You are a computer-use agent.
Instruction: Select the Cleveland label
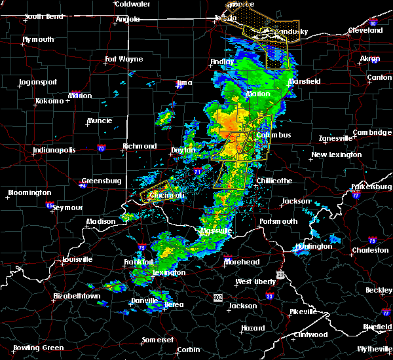point(365,30)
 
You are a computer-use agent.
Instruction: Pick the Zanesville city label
point(335,138)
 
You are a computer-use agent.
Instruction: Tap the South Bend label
point(43,17)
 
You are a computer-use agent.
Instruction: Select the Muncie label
point(100,121)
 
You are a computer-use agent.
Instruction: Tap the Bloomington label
point(29,192)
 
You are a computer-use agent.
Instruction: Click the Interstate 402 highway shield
point(218,297)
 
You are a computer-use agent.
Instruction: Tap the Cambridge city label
point(371,132)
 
